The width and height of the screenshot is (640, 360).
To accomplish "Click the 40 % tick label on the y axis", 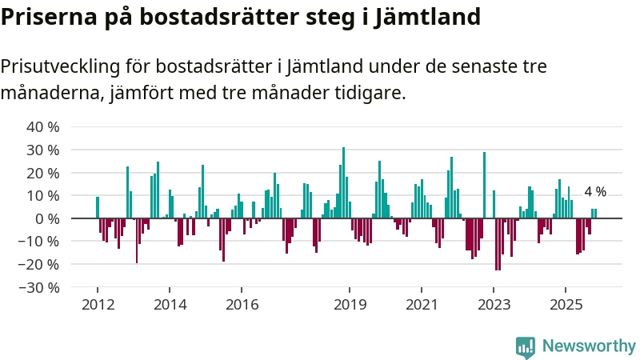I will click(43, 127).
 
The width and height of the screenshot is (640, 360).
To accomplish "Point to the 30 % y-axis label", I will click(43, 150).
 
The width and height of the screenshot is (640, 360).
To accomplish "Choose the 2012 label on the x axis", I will click(97, 304).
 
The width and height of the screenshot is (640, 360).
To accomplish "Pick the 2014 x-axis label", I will click(170, 304).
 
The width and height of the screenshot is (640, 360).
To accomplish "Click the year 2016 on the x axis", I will click(242, 304).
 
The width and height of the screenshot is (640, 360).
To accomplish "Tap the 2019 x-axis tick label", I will click(350, 304).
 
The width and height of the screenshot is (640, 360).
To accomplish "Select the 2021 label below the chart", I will click(422, 304).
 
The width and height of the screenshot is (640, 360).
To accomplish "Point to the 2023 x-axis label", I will click(494, 304).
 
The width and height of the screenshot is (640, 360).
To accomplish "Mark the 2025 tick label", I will click(566, 304).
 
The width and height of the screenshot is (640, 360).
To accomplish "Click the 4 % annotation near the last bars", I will click(595, 192).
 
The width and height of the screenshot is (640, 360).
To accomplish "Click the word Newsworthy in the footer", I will click(589, 346).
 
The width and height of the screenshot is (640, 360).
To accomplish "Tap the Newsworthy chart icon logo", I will click(526, 346).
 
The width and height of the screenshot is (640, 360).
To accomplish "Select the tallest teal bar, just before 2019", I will click(343, 182).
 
